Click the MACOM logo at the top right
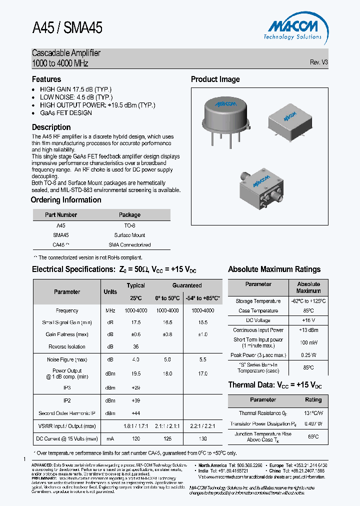292,27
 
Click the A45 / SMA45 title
67,27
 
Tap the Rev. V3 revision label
318,62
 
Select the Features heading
46,79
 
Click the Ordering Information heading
66,200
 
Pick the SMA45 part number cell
61,235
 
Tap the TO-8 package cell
129,225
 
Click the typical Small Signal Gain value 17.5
135,322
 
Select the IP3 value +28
135,387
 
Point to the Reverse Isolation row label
67,346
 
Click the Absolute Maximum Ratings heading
274,269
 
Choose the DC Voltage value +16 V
308,320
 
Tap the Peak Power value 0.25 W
308,355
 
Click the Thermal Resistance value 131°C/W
313,413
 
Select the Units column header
110,291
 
